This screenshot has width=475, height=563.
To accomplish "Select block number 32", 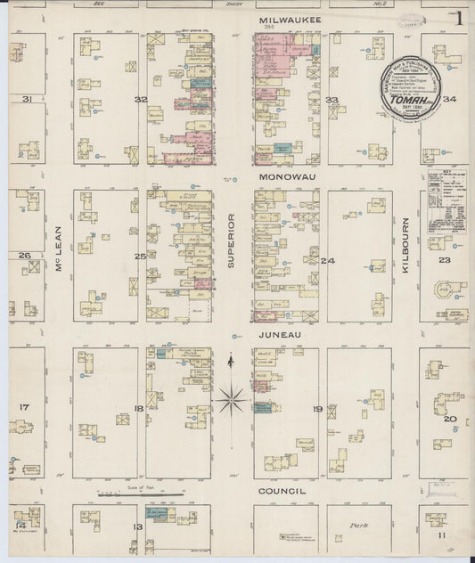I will (x=140, y=100).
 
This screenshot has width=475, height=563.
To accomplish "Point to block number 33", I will (x=332, y=100).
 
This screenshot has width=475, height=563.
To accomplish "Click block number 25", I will (x=140, y=257).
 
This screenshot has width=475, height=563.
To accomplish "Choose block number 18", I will (x=138, y=409).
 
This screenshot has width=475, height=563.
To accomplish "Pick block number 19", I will (x=317, y=409).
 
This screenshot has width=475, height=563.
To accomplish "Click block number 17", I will (x=24, y=407).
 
